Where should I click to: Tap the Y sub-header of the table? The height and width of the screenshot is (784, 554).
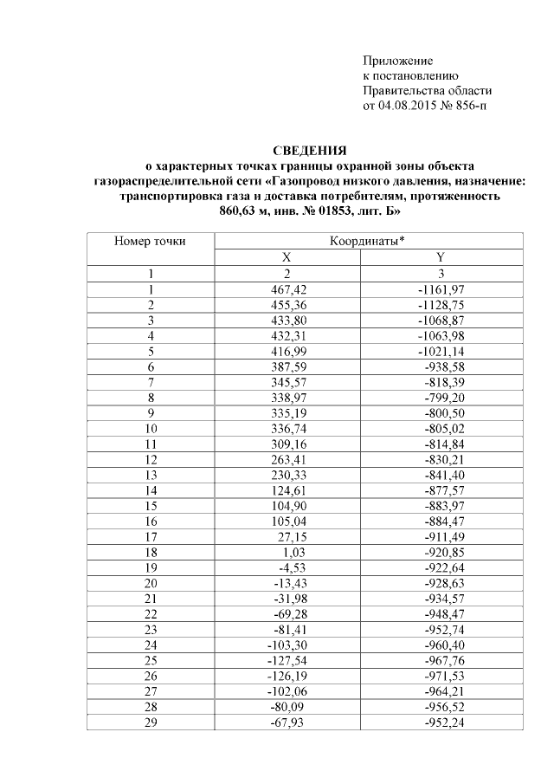[x=441, y=257]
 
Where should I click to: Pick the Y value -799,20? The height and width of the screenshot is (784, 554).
[x=446, y=398]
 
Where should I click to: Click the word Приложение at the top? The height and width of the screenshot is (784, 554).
[x=396, y=61]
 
